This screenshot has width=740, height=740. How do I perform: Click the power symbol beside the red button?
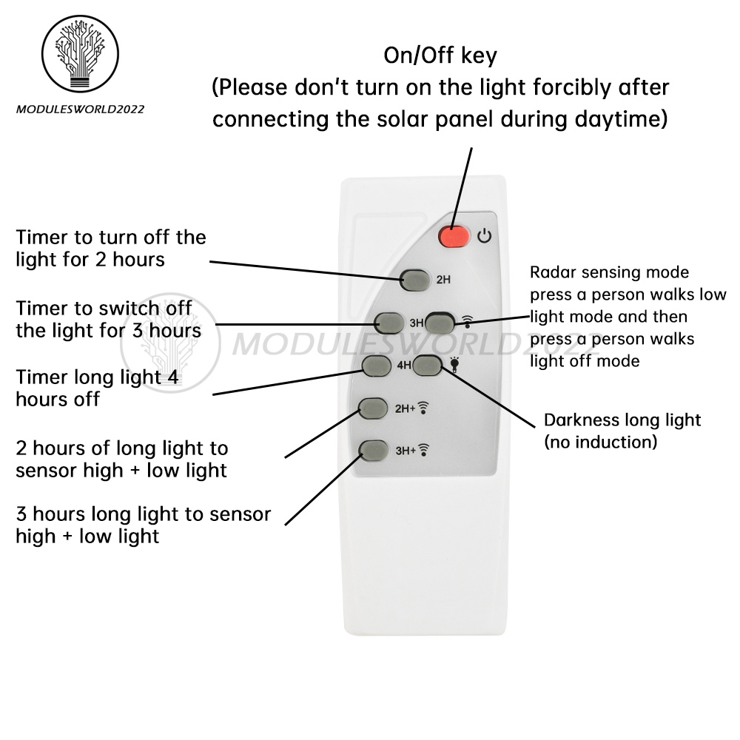484,235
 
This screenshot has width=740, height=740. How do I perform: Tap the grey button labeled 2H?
415,280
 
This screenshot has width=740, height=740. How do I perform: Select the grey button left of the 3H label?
389,323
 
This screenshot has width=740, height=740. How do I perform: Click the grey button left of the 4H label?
377,366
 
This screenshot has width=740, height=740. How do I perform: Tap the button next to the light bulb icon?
428,365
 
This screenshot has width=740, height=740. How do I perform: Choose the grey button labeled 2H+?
373,408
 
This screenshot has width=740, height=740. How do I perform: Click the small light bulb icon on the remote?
454,364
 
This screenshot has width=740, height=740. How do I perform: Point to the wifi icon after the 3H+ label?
424,450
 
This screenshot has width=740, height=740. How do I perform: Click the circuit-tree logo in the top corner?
80,53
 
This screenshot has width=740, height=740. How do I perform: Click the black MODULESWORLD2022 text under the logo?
80,110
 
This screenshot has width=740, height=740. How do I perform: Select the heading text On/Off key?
440,55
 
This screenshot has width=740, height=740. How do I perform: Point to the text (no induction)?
601,443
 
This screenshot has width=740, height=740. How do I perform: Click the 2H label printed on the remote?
443,280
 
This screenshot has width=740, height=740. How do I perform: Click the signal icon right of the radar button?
467,321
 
